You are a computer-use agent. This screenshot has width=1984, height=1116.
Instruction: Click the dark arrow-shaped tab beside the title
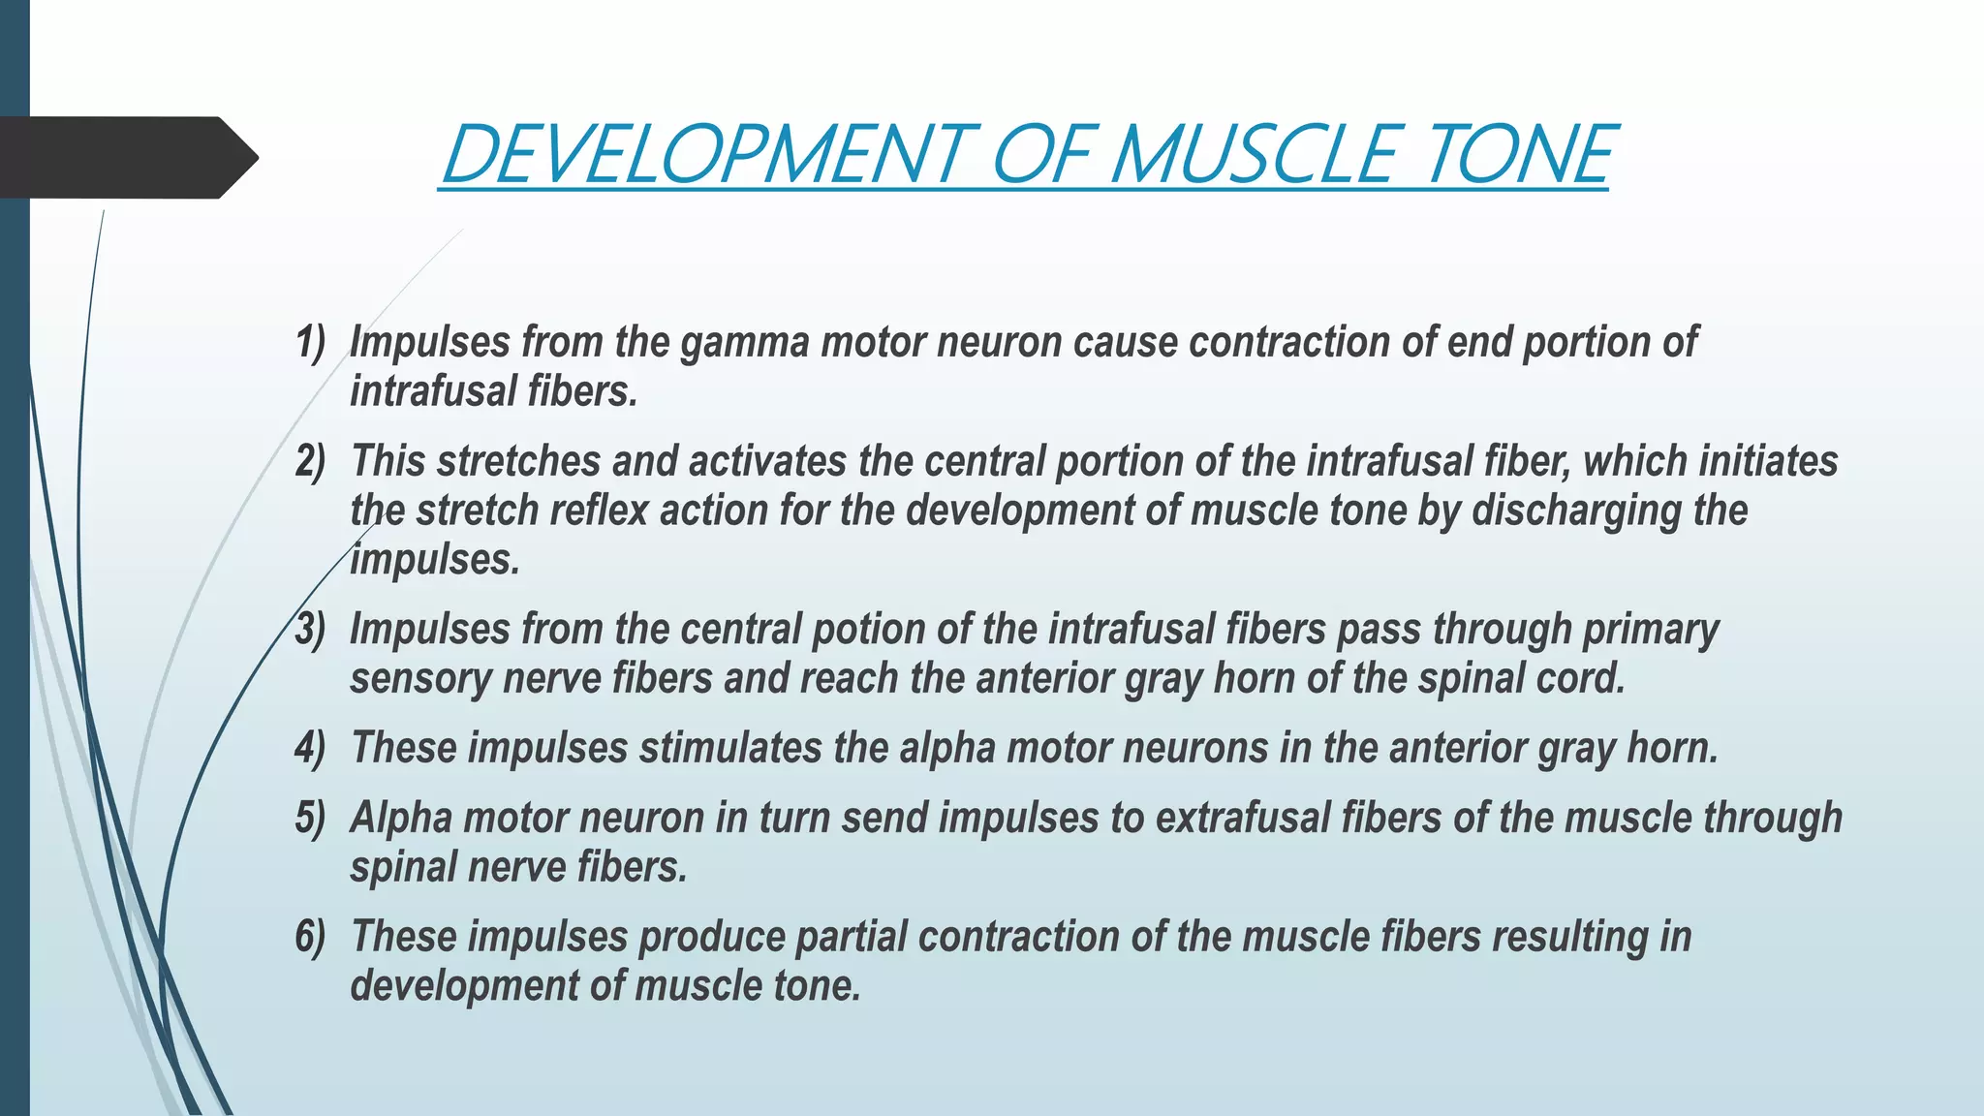126,158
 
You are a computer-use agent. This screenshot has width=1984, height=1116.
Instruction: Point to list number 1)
311,342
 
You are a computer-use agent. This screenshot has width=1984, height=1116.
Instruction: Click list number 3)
311,629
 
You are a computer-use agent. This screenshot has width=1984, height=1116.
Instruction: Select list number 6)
311,937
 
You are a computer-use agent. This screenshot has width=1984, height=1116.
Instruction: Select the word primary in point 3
1651,629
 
